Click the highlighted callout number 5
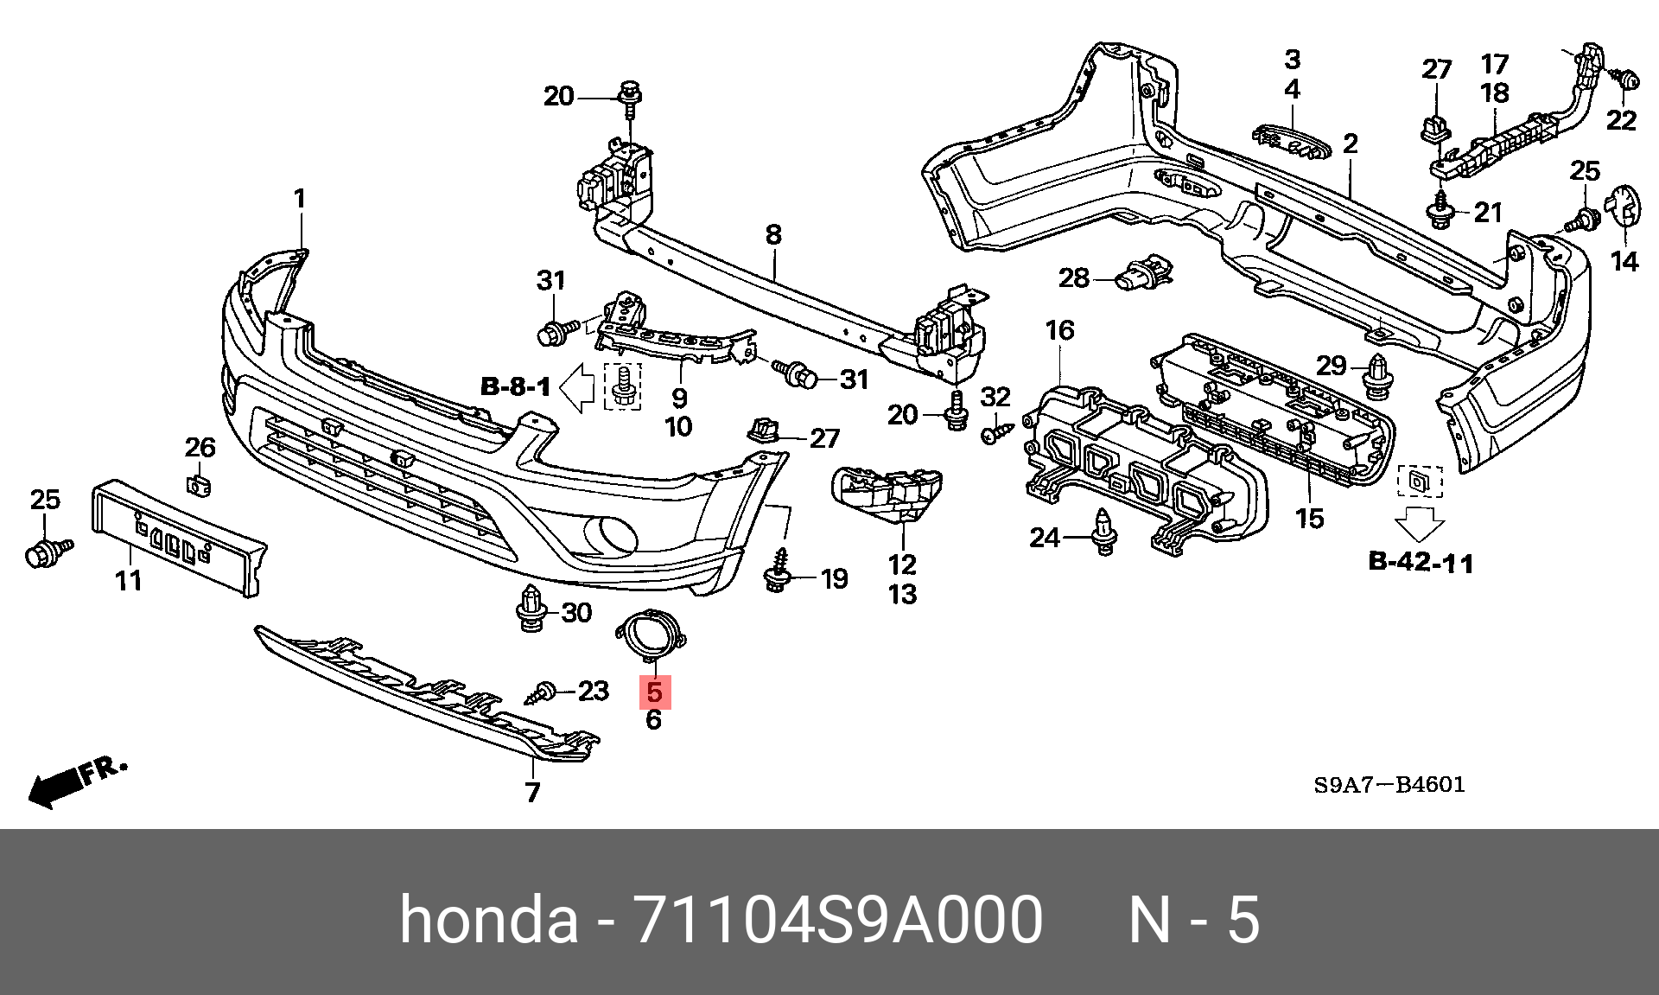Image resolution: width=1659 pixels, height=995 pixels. click(654, 692)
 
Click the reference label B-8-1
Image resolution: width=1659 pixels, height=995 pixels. click(515, 386)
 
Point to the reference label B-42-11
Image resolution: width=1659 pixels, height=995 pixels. click(1421, 562)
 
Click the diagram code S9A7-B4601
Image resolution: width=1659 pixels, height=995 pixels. click(1389, 785)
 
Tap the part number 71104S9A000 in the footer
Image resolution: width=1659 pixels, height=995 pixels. click(837, 919)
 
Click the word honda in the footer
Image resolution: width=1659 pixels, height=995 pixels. click(488, 919)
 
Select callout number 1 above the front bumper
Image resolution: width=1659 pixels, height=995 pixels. click(299, 199)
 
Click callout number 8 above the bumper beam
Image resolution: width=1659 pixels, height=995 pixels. click(773, 234)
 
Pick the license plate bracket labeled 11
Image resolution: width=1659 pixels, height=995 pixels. click(178, 537)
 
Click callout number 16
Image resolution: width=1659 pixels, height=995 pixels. click(1059, 330)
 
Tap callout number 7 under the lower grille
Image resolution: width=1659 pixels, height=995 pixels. click(532, 792)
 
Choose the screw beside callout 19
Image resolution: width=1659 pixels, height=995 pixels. click(779, 571)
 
